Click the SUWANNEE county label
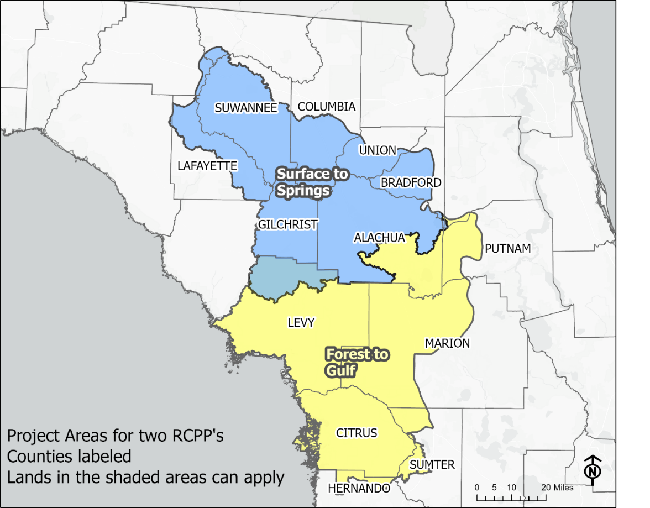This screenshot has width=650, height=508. [x=246, y=108]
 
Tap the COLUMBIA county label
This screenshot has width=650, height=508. [x=326, y=107]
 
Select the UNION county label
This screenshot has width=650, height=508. [x=378, y=150]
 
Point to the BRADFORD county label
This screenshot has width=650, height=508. [x=411, y=182]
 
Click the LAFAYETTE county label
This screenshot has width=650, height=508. [x=207, y=166]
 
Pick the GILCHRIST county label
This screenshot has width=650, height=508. [x=288, y=224]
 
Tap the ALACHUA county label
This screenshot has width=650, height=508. [x=379, y=238]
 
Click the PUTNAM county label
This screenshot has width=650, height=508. [x=507, y=249]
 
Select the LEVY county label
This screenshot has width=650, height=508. [x=301, y=322]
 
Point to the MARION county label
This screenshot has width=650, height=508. [x=447, y=343]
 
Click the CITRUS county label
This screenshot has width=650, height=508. [x=357, y=433]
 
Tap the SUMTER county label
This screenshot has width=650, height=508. [x=432, y=465]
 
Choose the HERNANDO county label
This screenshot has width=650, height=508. [x=359, y=489]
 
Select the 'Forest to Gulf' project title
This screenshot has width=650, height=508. [x=357, y=362]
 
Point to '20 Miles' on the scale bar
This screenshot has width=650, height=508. [x=557, y=488]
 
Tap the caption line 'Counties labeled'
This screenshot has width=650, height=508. [x=69, y=457]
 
